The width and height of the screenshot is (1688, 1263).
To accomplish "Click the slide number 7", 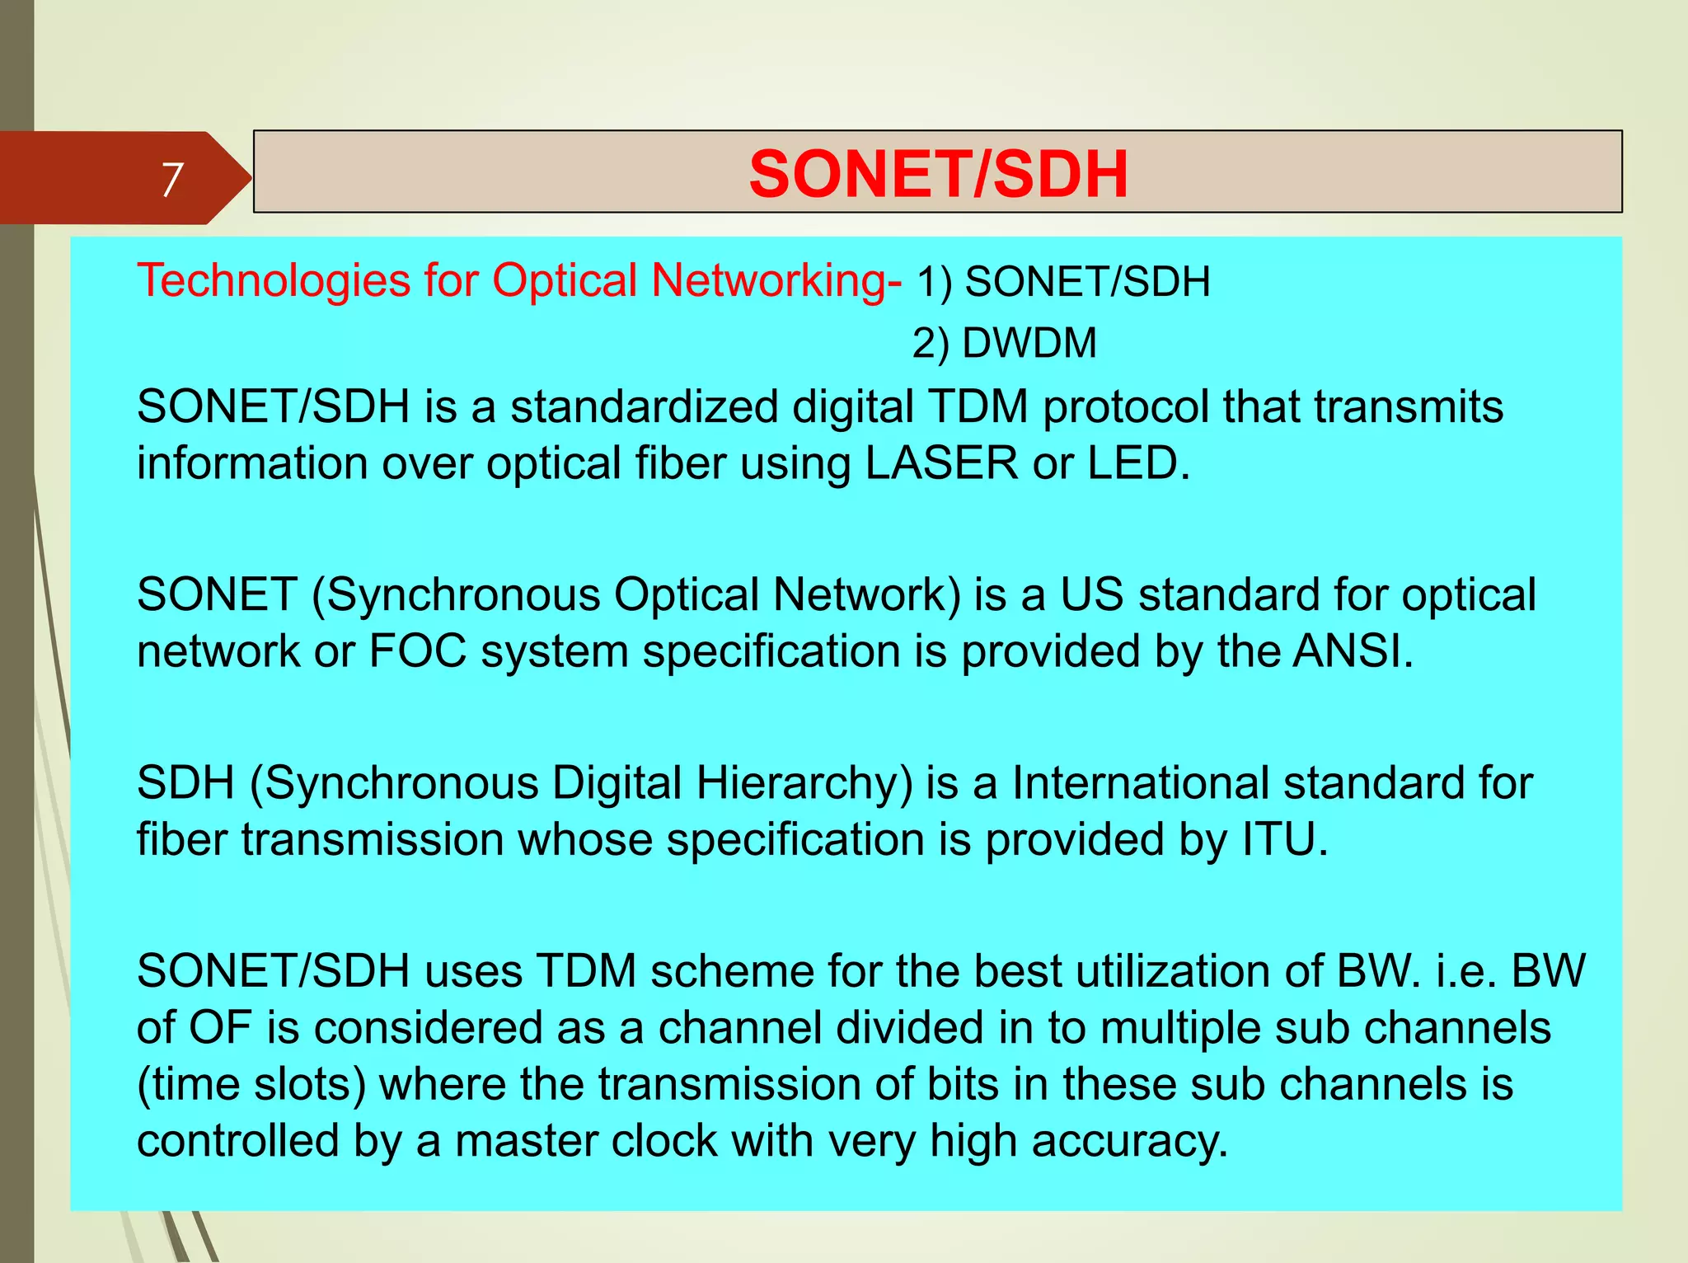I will (171, 179).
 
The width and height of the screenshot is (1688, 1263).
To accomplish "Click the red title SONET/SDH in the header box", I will (938, 174).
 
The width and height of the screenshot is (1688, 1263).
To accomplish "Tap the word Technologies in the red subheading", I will (274, 280).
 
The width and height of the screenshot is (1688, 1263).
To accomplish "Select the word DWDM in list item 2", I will (1029, 343).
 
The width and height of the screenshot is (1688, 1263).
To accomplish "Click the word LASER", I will (941, 462).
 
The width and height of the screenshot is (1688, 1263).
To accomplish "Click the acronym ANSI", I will (1352, 650).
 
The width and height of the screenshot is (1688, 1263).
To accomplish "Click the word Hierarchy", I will (804, 782).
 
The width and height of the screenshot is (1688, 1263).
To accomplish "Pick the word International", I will (1140, 782).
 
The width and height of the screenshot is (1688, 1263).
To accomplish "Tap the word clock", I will (670, 1140).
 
